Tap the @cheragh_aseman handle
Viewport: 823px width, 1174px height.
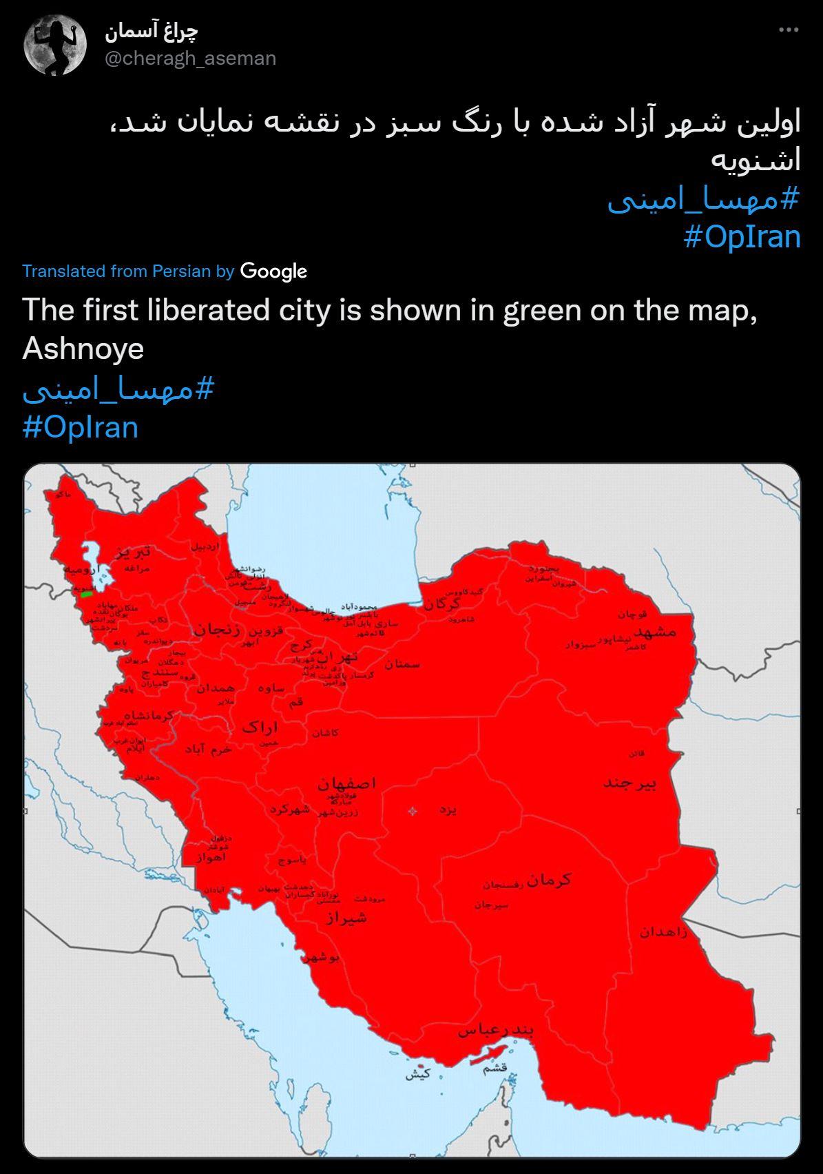coord(191,59)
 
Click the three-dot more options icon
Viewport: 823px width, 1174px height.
coord(789,30)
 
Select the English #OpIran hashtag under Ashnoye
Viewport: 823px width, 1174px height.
coord(80,426)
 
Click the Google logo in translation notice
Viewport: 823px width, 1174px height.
coord(273,271)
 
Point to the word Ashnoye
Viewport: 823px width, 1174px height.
coord(83,348)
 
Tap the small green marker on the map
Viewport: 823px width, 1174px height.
coord(87,593)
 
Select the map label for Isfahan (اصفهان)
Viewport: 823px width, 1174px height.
coord(347,783)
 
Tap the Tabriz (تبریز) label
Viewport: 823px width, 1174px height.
coord(132,553)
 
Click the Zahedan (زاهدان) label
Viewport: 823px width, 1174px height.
coord(663,932)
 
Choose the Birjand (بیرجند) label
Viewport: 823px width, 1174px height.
coord(629,783)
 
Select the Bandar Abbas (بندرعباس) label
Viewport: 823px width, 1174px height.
coord(496,1031)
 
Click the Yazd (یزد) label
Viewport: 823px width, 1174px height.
coord(448,810)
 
